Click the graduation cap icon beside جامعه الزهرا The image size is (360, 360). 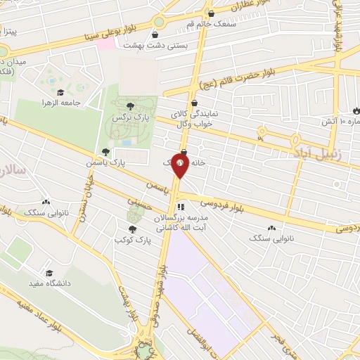pyautogui.click(x=61, y=92)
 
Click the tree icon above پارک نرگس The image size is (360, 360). pyautogui.click(x=129, y=106)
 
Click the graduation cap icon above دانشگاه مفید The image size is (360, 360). pyautogui.click(x=49, y=273)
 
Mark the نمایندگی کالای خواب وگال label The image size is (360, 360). pyautogui.click(x=191, y=117)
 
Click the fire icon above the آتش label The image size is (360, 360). pyautogui.click(x=355, y=112)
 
